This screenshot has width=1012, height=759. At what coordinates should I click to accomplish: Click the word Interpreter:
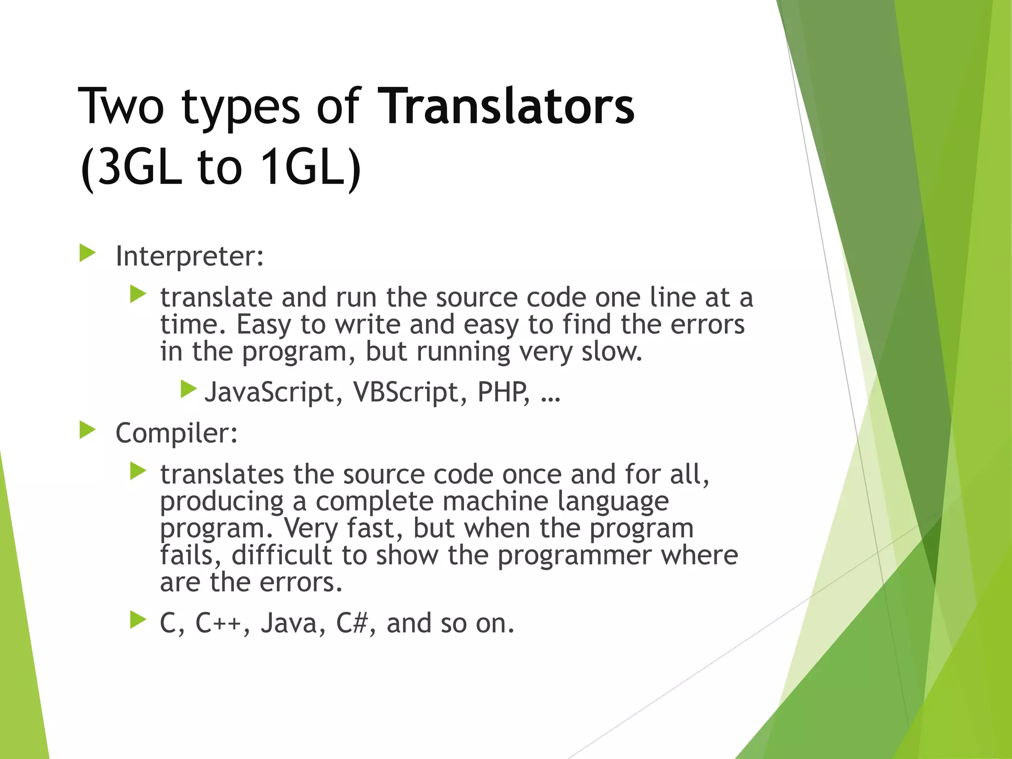[190, 256]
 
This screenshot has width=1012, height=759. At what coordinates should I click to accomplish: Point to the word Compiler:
[176, 433]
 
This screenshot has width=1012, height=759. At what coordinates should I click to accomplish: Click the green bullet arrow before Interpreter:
[87, 253]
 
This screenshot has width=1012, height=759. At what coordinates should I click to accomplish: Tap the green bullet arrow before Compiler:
[87, 430]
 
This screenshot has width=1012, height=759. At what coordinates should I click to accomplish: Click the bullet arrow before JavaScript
[188, 389]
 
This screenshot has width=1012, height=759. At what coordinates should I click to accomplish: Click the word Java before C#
[292, 623]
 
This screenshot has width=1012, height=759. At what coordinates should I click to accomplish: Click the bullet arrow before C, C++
[138, 620]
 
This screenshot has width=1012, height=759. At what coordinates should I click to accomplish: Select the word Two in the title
[121, 106]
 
